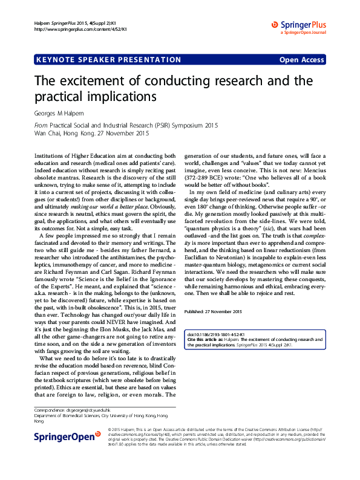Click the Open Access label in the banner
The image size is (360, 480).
point(301,60)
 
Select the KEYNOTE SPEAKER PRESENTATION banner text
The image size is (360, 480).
point(108,60)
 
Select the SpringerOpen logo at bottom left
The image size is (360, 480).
point(67,436)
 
